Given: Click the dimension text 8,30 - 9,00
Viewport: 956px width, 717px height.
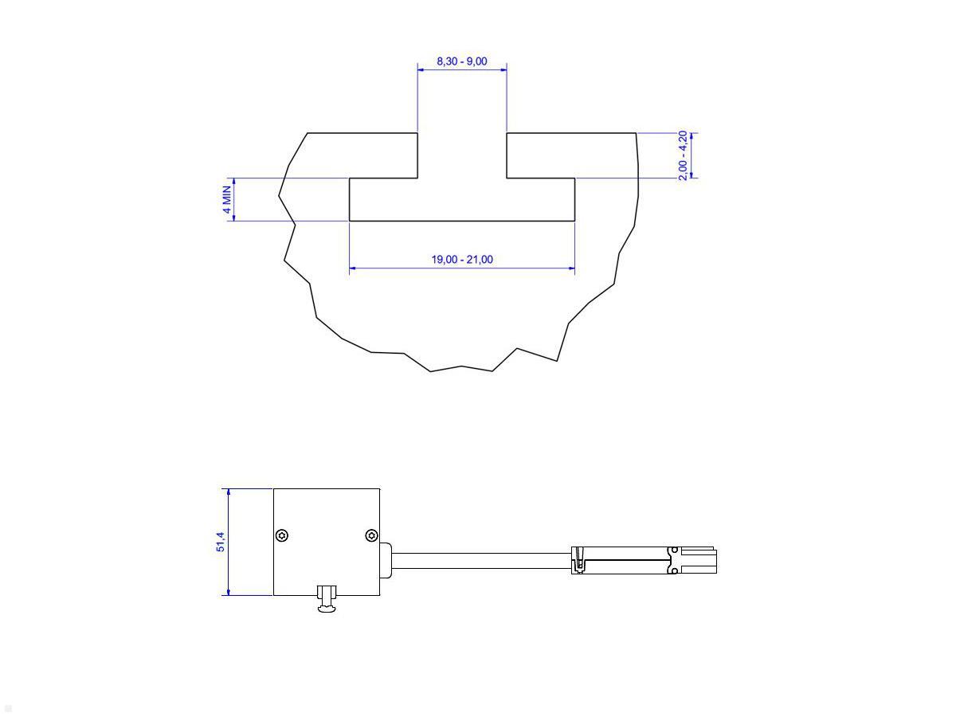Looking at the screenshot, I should coord(461,61).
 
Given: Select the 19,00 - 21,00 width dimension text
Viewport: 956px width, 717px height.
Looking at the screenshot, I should coord(462,260).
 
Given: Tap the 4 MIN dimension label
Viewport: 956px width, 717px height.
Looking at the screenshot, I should coord(226,199).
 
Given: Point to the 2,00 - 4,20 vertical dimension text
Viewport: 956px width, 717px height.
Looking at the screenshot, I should coord(683,155).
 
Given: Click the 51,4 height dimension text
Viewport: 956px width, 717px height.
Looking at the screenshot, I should coord(221,543).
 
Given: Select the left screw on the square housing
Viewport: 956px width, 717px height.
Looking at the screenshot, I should coord(282,535).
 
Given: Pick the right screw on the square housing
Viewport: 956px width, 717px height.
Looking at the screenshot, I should coord(371,535).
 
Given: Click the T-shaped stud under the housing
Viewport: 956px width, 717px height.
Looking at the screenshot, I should coord(327,600).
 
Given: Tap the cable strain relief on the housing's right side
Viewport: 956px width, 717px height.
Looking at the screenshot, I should coord(386,558).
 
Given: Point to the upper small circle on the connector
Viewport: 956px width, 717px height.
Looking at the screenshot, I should coord(675,550).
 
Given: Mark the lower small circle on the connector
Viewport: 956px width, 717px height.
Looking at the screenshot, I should coord(675,570).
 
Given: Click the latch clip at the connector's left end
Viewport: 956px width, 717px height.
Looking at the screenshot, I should coord(578,561).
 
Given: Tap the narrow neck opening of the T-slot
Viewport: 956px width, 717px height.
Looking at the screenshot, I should coord(462,155).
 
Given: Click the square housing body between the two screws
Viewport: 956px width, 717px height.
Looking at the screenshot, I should coord(327,535).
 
